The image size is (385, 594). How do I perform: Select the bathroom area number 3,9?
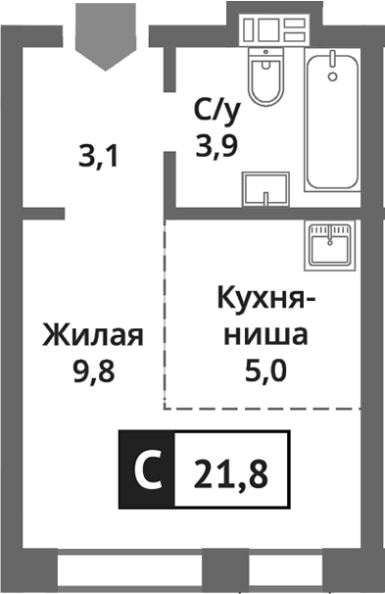[217, 148]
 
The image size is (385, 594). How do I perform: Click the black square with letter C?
[146, 470]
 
